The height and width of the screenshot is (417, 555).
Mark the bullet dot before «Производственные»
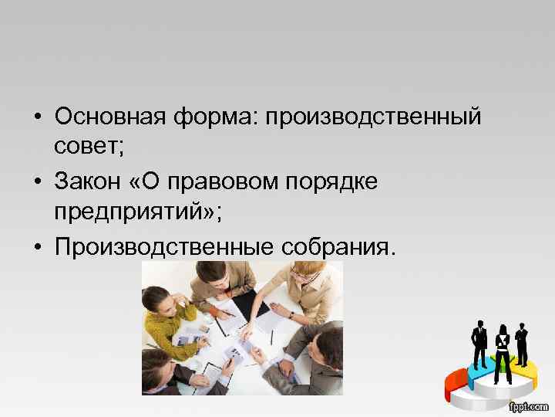37,248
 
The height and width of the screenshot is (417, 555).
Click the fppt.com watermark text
527,405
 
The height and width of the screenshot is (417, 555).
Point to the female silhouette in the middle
502,347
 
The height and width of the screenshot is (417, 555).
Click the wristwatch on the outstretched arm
291,314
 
